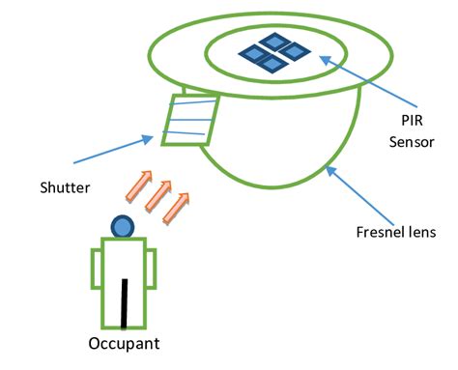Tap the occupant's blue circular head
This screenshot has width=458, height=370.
click(122, 227)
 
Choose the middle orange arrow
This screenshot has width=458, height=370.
click(157, 196)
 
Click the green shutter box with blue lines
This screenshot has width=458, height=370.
click(189, 119)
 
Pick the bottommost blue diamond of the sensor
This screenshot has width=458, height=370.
click(272, 64)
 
